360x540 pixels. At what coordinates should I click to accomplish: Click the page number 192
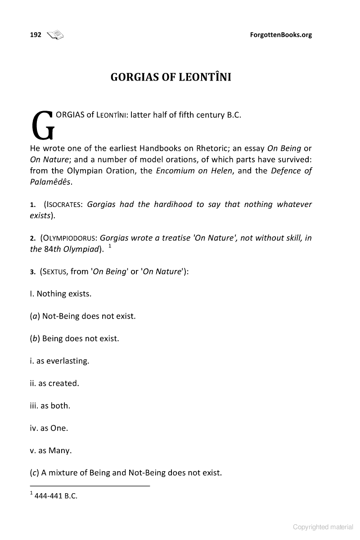[36, 34]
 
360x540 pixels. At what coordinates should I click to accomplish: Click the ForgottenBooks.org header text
[280, 35]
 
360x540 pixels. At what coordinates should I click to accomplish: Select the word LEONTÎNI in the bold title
[205, 77]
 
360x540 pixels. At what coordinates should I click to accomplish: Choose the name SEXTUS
[54, 271]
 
